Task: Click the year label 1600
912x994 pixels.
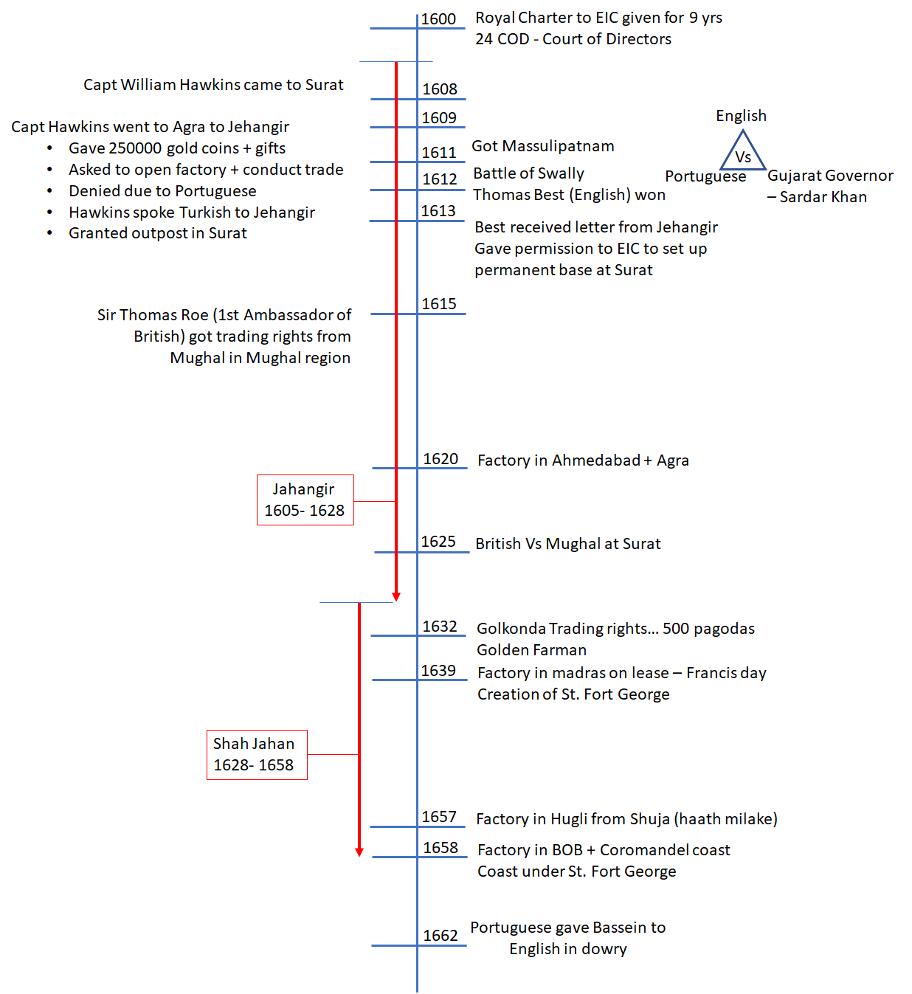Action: (x=439, y=19)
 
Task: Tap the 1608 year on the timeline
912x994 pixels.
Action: (x=440, y=89)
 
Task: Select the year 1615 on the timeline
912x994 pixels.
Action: (x=439, y=304)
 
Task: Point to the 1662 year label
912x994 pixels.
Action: (x=441, y=936)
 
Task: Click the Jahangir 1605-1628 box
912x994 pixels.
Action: (x=305, y=500)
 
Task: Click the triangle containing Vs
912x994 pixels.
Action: (x=743, y=152)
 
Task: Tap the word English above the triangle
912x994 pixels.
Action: (x=741, y=116)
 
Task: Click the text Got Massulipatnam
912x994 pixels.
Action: (x=543, y=146)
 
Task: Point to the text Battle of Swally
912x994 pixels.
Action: (x=528, y=173)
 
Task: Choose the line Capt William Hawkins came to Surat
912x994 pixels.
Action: (x=213, y=85)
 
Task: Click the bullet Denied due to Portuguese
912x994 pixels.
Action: (x=162, y=191)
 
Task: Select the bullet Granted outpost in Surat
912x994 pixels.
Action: (x=158, y=233)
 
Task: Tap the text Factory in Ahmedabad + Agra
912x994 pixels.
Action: (x=583, y=460)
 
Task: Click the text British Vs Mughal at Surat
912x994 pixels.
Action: (x=567, y=544)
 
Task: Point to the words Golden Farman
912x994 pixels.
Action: (x=531, y=650)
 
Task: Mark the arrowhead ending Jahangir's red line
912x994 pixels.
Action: (x=396, y=596)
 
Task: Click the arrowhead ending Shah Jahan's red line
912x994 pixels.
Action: (x=359, y=852)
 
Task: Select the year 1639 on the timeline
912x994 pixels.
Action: (x=438, y=671)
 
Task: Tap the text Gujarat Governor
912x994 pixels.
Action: (x=830, y=176)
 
